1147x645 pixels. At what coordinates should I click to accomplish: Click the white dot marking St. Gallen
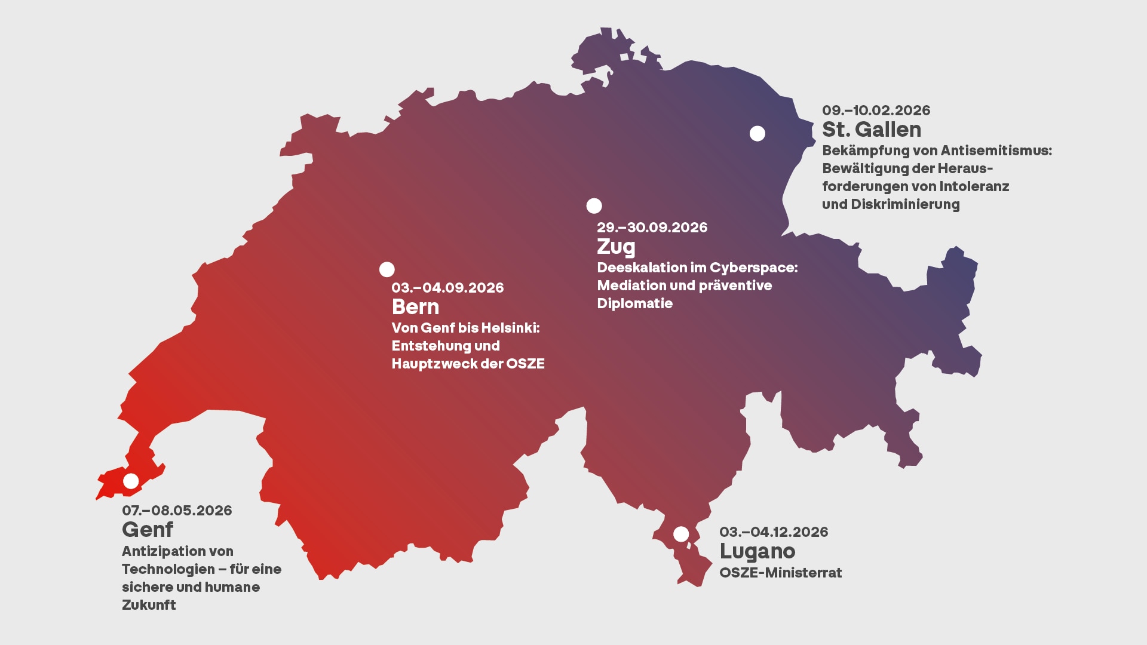pos(757,134)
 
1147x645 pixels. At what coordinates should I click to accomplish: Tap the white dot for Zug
pos(594,206)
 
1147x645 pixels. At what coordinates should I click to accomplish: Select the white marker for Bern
pos(387,269)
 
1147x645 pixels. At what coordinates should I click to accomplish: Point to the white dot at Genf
pos(131,481)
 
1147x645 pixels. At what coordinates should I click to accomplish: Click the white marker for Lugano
pos(681,534)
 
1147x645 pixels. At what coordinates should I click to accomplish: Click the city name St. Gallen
pos(871,130)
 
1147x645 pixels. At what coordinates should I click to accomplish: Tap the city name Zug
pos(616,247)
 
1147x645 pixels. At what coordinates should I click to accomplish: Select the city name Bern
pos(415,307)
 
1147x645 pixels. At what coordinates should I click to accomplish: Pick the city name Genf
pos(148,530)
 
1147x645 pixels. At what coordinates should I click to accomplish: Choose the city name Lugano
pos(757,551)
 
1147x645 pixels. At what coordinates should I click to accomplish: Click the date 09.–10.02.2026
pos(876,110)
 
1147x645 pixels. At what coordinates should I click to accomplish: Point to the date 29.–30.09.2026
pos(652,228)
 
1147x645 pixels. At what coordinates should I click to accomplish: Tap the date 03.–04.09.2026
pos(447,288)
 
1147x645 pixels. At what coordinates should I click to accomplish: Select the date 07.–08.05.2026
pos(177,511)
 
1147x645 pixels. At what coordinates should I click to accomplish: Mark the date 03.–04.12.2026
pos(774,532)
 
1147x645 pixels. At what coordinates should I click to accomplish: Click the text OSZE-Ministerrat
pos(780,573)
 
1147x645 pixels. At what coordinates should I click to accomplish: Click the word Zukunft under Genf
pos(149,605)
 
